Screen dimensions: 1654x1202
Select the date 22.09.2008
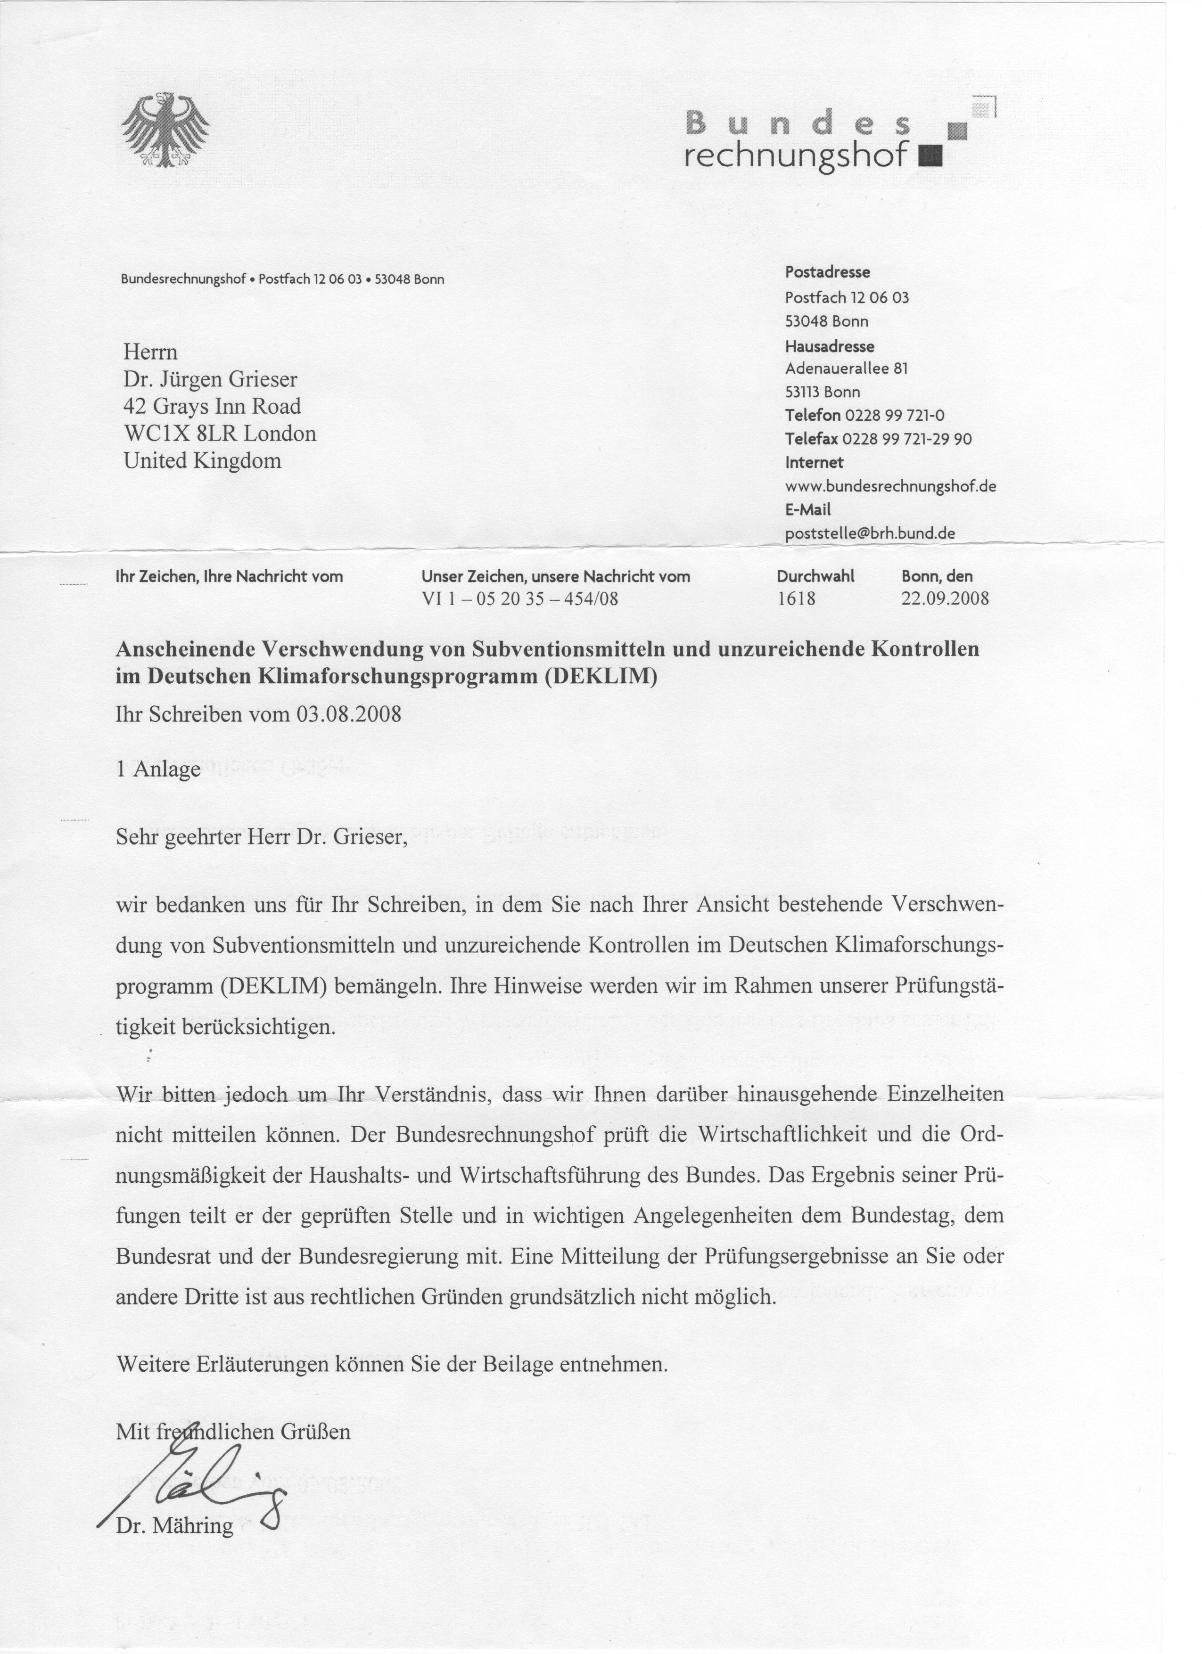[945, 599]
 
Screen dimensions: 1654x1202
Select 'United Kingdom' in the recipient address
[202, 461]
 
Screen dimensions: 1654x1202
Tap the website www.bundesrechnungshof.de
[890, 486]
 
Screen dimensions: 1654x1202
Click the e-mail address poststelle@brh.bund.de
[869, 533]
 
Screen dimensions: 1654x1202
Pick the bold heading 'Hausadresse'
[829, 346]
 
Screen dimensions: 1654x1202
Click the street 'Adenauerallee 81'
[846, 369]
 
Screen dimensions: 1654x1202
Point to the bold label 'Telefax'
[811, 439]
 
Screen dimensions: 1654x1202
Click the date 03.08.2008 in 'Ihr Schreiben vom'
[349, 713]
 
